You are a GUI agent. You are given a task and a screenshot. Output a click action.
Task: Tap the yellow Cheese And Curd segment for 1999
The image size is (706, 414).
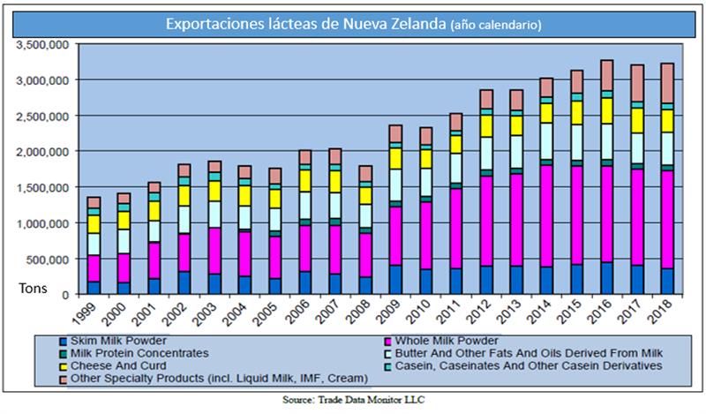94,224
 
